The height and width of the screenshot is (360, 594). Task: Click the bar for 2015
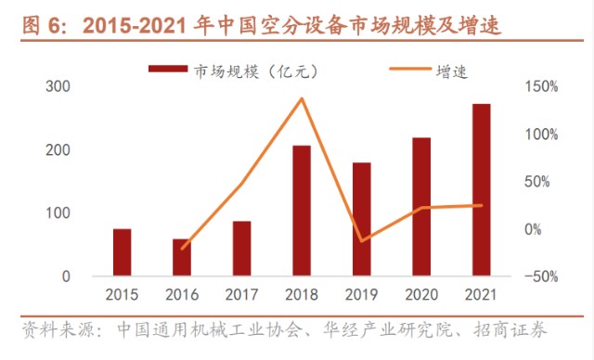click(x=123, y=252)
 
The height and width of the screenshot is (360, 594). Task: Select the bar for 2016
click(x=182, y=258)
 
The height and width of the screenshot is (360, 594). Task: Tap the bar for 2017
click(x=241, y=249)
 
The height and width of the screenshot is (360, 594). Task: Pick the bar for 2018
click(x=302, y=211)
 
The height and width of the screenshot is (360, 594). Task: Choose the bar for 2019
click(x=361, y=220)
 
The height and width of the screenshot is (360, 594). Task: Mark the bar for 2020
click(x=421, y=207)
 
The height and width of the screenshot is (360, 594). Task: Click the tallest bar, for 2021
click(x=481, y=190)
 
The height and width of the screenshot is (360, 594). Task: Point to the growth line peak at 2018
click(x=302, y=98)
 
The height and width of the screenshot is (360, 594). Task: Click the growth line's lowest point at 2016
click(x=182, y=249)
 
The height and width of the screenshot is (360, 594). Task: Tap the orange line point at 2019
click(x=361, y=241)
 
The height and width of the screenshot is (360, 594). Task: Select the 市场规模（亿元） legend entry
click(x=223, y=69)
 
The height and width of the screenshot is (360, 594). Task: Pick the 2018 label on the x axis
click(x=302, y=295)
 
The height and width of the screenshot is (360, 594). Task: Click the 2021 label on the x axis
click(x=481, y=295)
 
